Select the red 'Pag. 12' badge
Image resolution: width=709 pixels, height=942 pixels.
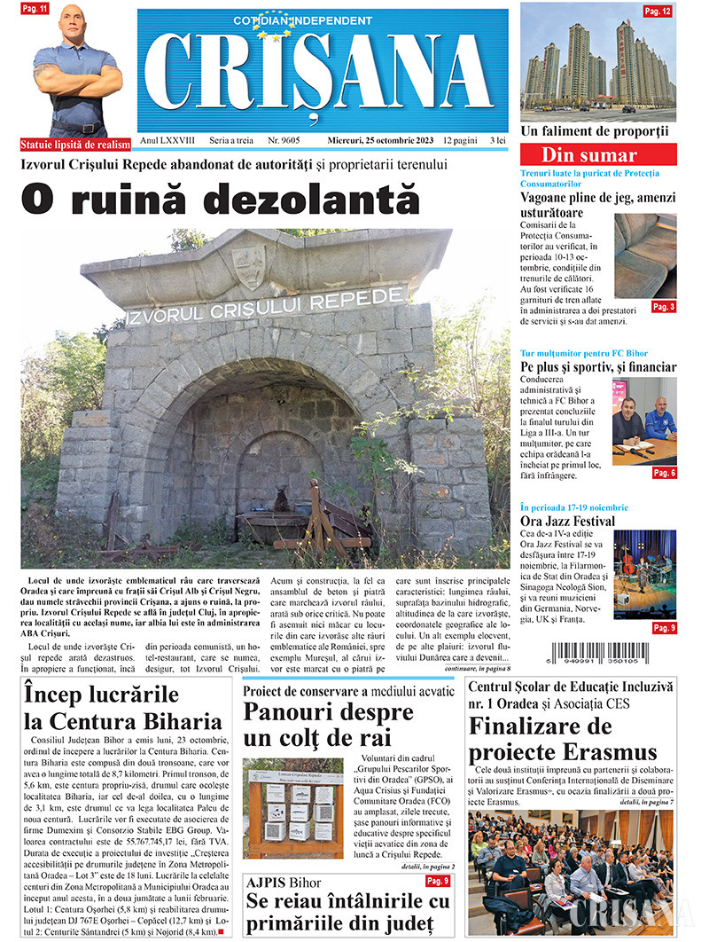point(657,11)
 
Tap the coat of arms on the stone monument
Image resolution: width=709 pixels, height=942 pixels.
point(248,263)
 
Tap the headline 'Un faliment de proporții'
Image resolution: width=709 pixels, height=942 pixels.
point(595,131)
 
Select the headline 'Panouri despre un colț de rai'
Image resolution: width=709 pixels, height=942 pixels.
point(328,725)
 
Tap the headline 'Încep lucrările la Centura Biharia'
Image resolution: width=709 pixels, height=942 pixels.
point(122,707)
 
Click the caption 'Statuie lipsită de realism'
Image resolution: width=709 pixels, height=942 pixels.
point(75,145)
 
